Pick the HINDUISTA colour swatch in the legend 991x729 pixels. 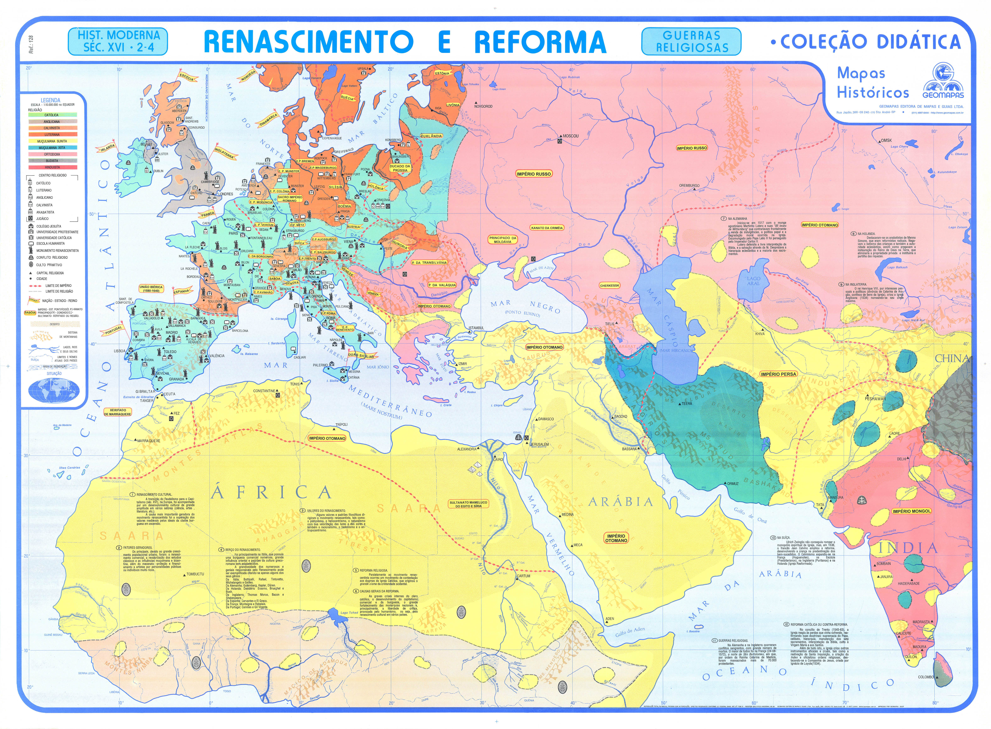(x=52, y=167)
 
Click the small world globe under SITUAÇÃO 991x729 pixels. (x=53, y=390)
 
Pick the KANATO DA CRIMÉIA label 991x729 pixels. (x=547, y=228)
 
